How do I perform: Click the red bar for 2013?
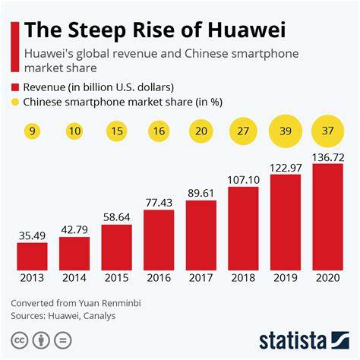point(31,257)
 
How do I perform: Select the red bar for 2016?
point(158,240)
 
